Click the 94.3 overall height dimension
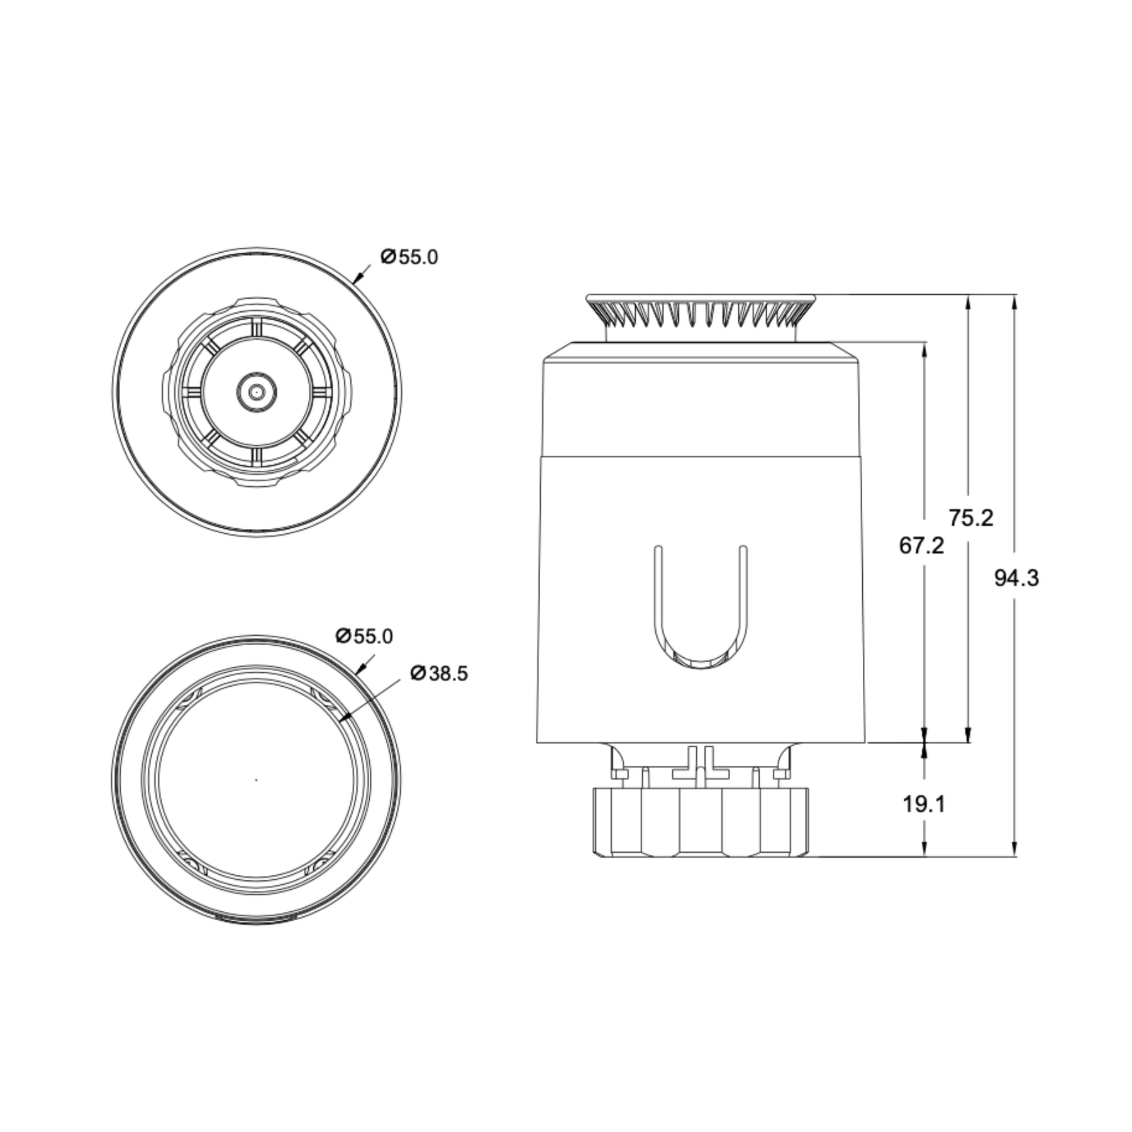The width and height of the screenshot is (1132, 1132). (1016, 578)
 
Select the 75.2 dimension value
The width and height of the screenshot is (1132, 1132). (971, 518)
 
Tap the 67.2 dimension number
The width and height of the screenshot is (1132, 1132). (921, 545)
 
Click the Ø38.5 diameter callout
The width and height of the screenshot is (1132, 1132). (438, 674)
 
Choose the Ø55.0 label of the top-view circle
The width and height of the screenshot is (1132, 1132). (409, 257)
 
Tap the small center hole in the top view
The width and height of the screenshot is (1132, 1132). (255, 392)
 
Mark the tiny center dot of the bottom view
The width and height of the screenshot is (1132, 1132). (256, 780)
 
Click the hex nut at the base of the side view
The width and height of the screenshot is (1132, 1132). (700, 823)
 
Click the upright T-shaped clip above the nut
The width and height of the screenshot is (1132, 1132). (700, 764)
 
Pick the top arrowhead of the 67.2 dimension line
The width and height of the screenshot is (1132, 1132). (924, 348)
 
